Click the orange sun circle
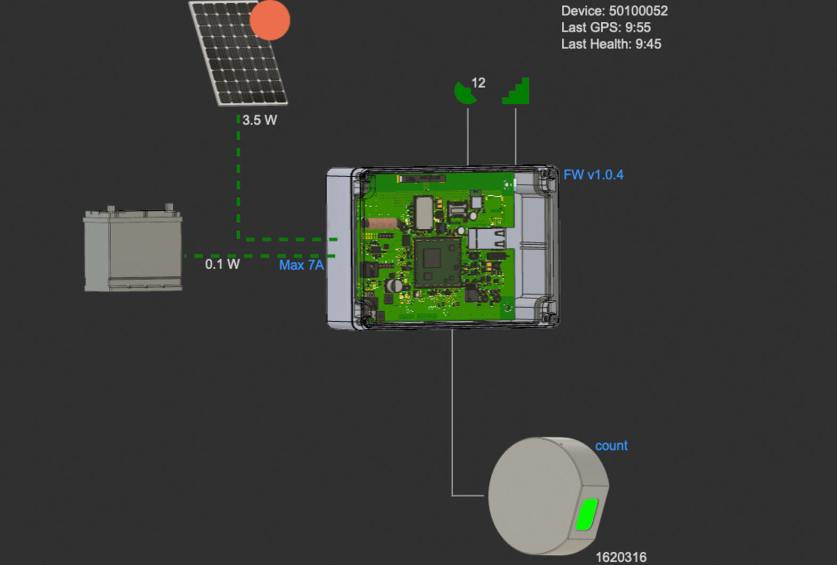[270, 20]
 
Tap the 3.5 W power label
[260, 120]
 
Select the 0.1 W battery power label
[222, 264]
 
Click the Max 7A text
[301, 265]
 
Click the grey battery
[133, 250]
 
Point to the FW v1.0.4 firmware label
[593, 175]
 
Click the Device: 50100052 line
[614, 11]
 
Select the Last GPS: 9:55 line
[606, 27]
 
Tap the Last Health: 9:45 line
[611, 44]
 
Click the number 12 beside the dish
[478, 83]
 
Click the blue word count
[611, 446]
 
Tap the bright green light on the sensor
[586, 514]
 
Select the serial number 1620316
[621, 557]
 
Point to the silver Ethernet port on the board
[486, 239]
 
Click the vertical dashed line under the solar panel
[238, 176]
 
